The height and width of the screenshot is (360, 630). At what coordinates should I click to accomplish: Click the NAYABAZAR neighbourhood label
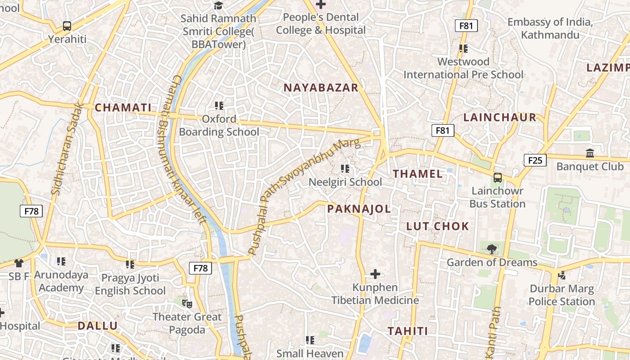click(321, 88)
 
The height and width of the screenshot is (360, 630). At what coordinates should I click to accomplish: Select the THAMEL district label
click(418, 174)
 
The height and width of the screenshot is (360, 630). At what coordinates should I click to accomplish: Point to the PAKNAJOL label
click(359, 209)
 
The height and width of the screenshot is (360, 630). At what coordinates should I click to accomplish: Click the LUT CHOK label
click(438, 226)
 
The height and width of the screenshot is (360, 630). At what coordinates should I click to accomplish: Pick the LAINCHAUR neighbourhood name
click(500, 117)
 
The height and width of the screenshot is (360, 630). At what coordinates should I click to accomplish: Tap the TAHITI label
click(408, 331)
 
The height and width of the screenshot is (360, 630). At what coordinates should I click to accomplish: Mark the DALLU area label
click(98, 326)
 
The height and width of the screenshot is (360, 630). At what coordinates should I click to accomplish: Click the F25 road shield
click(535, 160)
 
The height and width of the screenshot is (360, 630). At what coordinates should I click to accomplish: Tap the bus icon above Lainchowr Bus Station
click(498, 177)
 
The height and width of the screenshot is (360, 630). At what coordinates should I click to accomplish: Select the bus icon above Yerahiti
click(67, 26)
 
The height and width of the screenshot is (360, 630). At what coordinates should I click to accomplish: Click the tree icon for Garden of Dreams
click(492, 248)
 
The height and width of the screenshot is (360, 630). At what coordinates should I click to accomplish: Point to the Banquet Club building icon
click(590, 153)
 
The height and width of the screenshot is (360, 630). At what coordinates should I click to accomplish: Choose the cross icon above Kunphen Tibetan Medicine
click(375, 274)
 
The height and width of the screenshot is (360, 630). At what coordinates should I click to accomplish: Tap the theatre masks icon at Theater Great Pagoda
click(187, 303)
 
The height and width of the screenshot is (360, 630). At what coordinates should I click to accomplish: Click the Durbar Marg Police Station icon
click(562, 274)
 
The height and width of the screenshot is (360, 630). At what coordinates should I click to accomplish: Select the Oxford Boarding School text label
click(219, 126)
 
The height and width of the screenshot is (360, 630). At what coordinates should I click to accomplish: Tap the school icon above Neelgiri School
click(345, 169)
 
